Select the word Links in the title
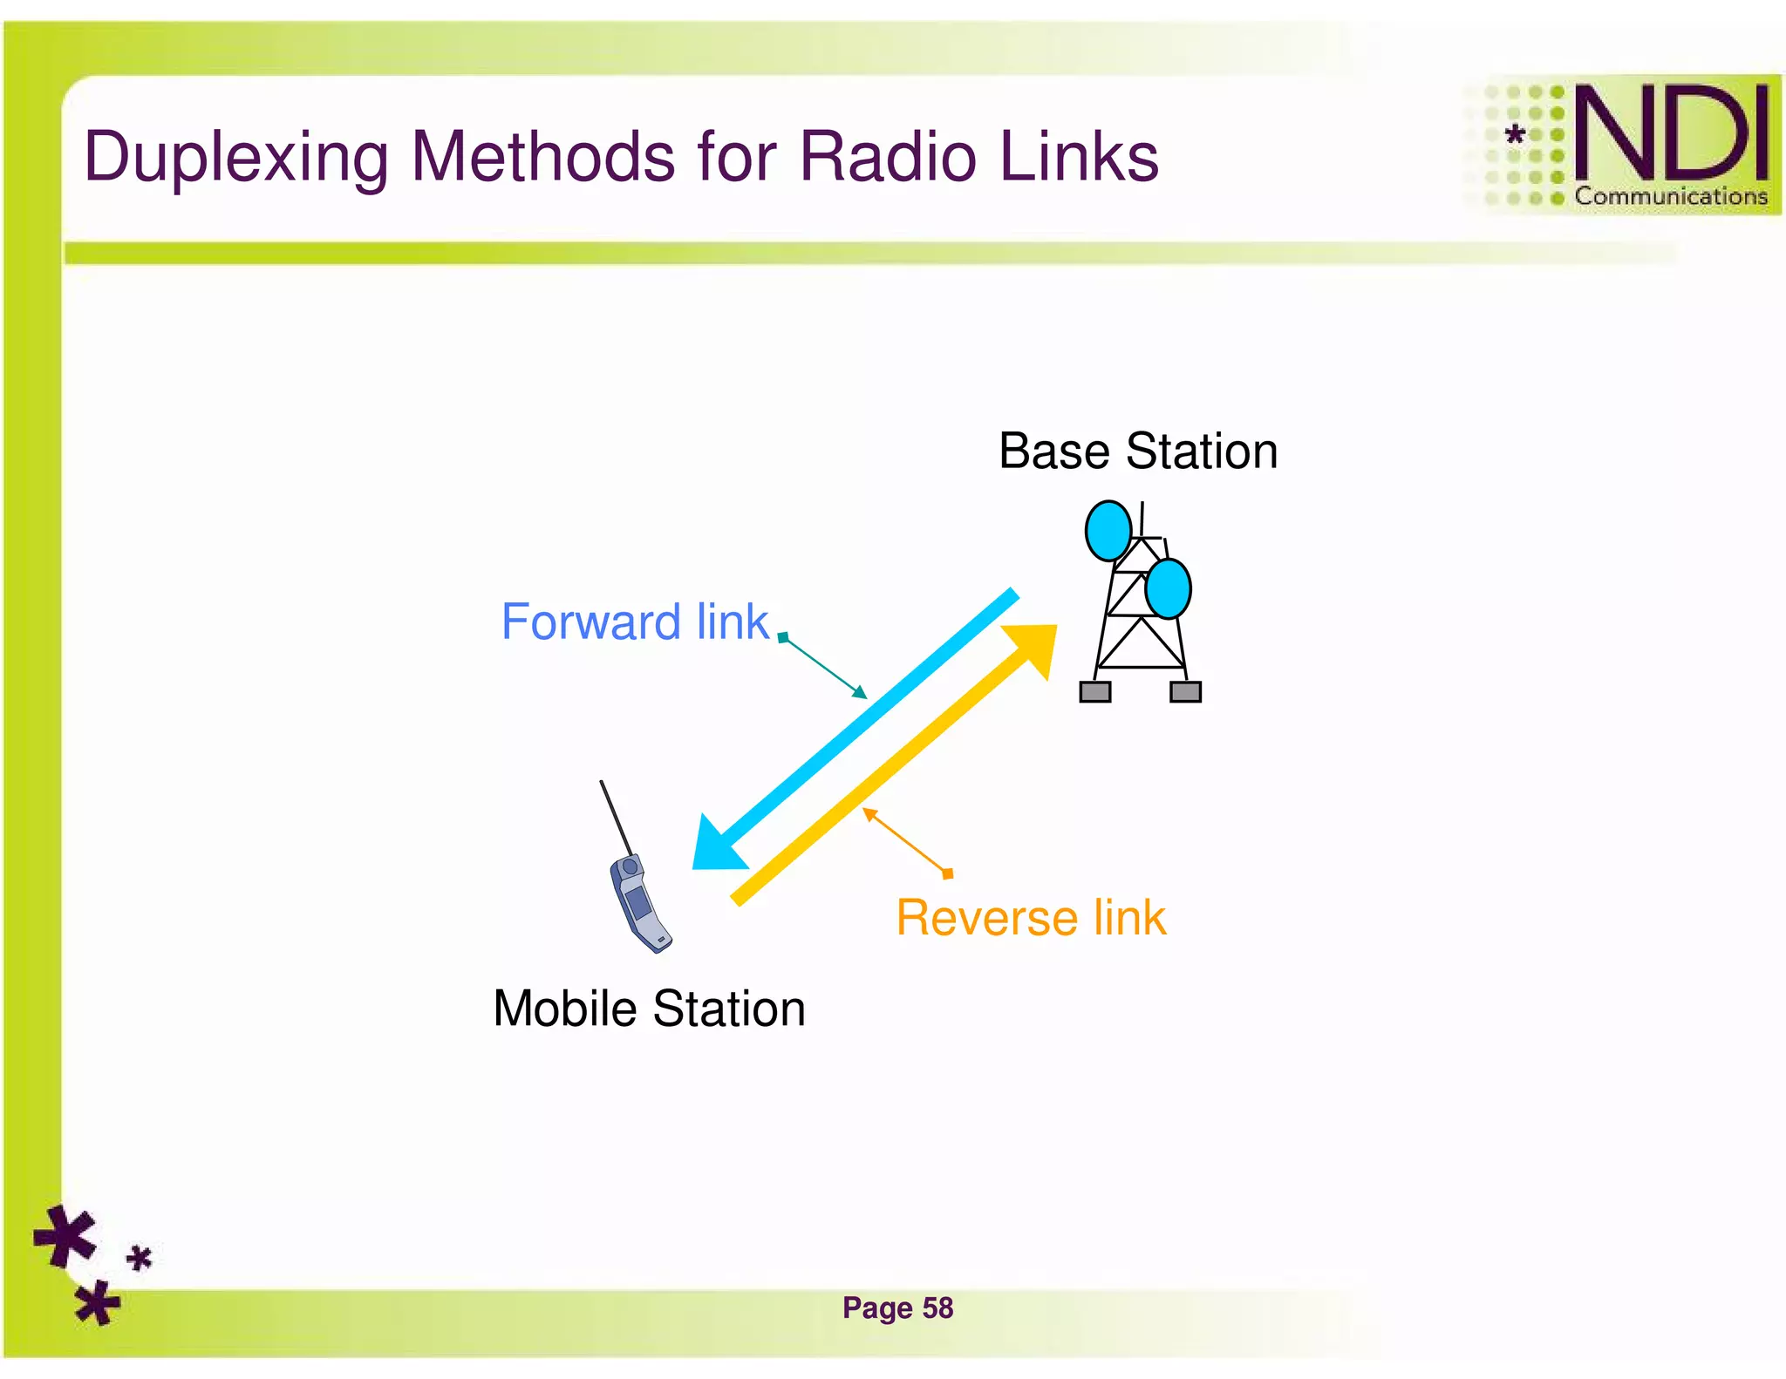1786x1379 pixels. (x=1079, y=157)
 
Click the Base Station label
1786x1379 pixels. (x=1137, y=452)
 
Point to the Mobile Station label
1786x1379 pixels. (x=649, y=1009)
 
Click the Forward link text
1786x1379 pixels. (x=634, y=622)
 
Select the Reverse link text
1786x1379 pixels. (x=1031, y=918)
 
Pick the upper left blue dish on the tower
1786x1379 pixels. (x=1108, y=530)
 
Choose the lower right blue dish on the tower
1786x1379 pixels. (x=1168, y=589)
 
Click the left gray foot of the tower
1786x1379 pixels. (x=1094, y=692)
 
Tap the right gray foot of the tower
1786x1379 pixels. (x=1185, y=692)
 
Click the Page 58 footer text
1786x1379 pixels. (x=897, y=1308)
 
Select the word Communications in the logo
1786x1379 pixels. (x=1670, y=196)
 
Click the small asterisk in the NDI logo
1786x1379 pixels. (x=1516, y=135)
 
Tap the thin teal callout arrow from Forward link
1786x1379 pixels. (x=824, y=667)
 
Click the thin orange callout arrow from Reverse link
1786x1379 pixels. (x=907, y=842)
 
